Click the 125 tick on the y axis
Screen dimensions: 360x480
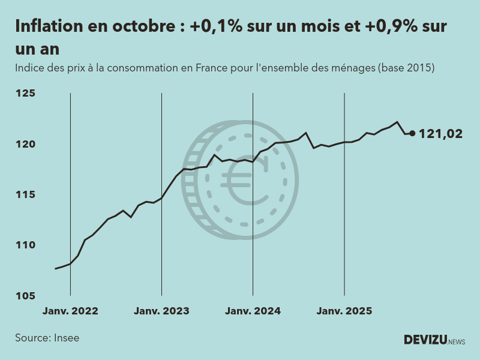pos(26,94)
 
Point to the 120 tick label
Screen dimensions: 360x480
pos(26,144)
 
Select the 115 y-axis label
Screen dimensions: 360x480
pos(26,195)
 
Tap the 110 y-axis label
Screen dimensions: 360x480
pos(26,245)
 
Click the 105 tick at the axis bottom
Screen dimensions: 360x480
pos(26,296)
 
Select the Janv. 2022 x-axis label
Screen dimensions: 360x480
pos(70,311)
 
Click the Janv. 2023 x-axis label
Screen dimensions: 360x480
pos(161,311)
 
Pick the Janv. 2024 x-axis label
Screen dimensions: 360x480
pos(253,311)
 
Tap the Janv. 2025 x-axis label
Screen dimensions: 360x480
pos(344,311)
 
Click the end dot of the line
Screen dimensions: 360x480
pos(412,133)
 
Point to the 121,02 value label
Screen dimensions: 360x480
pos(440,134)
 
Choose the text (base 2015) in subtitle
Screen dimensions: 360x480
pos(406,68)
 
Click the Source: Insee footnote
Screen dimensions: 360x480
pos(47,338)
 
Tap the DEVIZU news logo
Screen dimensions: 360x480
pos(434,340)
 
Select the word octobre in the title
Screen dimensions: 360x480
pos(142,27)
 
